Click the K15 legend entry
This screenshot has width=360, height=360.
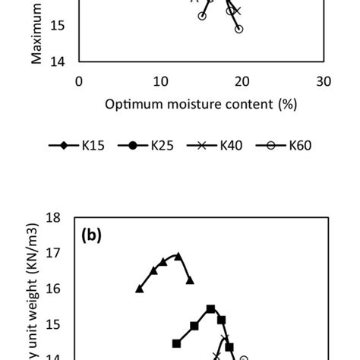coord(82,145)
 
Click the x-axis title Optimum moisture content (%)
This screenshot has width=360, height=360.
coord(201,103)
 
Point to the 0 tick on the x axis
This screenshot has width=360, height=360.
coord(79,81)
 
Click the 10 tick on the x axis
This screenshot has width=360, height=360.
coord(159,81)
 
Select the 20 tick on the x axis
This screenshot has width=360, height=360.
coord(241,81)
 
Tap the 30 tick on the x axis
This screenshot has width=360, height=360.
coord(323,81)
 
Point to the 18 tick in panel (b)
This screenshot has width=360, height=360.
coord(52,218)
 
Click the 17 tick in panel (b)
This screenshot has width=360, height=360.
coord(52,254)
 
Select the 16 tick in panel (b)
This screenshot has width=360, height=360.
coord(52,289)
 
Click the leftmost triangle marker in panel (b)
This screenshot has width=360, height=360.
coord(139,289)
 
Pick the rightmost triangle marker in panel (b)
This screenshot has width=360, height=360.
coord(190,280)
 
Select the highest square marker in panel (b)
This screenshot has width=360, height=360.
coord(210,309)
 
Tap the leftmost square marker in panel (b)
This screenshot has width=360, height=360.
coord(176,343)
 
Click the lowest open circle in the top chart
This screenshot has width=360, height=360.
coord(238,29)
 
